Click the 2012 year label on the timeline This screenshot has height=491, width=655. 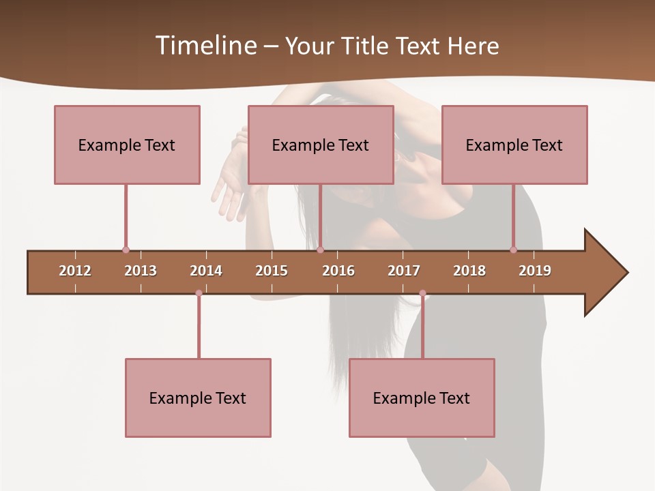[75, 271]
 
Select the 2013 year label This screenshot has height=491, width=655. [141, 271]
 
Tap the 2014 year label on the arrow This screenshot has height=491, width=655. [206, 271]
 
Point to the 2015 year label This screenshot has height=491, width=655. [272, 271]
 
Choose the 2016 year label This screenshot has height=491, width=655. [338, 271]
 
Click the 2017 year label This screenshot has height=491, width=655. [404, 271]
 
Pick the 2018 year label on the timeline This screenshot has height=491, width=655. [469, 271]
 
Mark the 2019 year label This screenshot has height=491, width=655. [535, 271]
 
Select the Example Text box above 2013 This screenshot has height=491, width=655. [127, 145]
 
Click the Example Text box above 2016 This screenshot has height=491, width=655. [321, 145]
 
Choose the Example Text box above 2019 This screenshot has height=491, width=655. [514, 145]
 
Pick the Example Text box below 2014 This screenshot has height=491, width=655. [198, 398]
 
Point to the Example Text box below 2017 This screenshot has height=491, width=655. [422, 398]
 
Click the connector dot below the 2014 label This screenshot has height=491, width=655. [199, 293]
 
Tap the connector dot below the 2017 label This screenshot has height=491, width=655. [422, 293]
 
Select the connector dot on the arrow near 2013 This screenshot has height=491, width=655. [126, 250]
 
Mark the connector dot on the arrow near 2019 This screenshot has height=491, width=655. [513, 250]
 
